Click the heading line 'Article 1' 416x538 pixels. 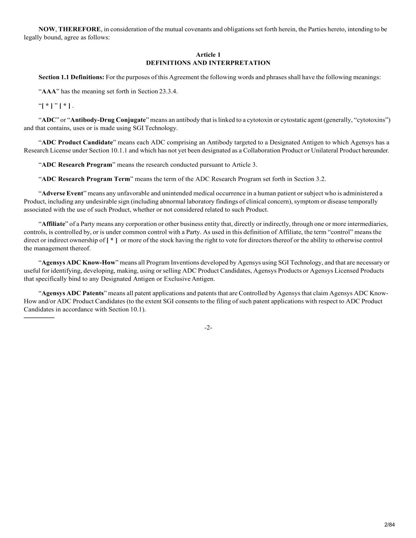(208, 55)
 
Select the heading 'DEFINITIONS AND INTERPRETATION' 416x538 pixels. (208, 63)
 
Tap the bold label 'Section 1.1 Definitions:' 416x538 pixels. (71, 77)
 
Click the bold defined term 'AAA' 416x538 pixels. (49, 91)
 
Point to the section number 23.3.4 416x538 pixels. (168, 91)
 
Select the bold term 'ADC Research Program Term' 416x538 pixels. (86, 179)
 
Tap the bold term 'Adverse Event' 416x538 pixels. (62, 193)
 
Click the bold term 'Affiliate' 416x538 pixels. (53, 224)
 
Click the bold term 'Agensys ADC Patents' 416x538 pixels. (73, 293)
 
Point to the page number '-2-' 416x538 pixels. (208, 328)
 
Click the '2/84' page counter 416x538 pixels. (390, 524)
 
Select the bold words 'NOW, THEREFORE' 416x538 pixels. (69, 29)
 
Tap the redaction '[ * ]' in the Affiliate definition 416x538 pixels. (112, 240)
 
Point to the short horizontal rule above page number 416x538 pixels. (39, 317)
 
